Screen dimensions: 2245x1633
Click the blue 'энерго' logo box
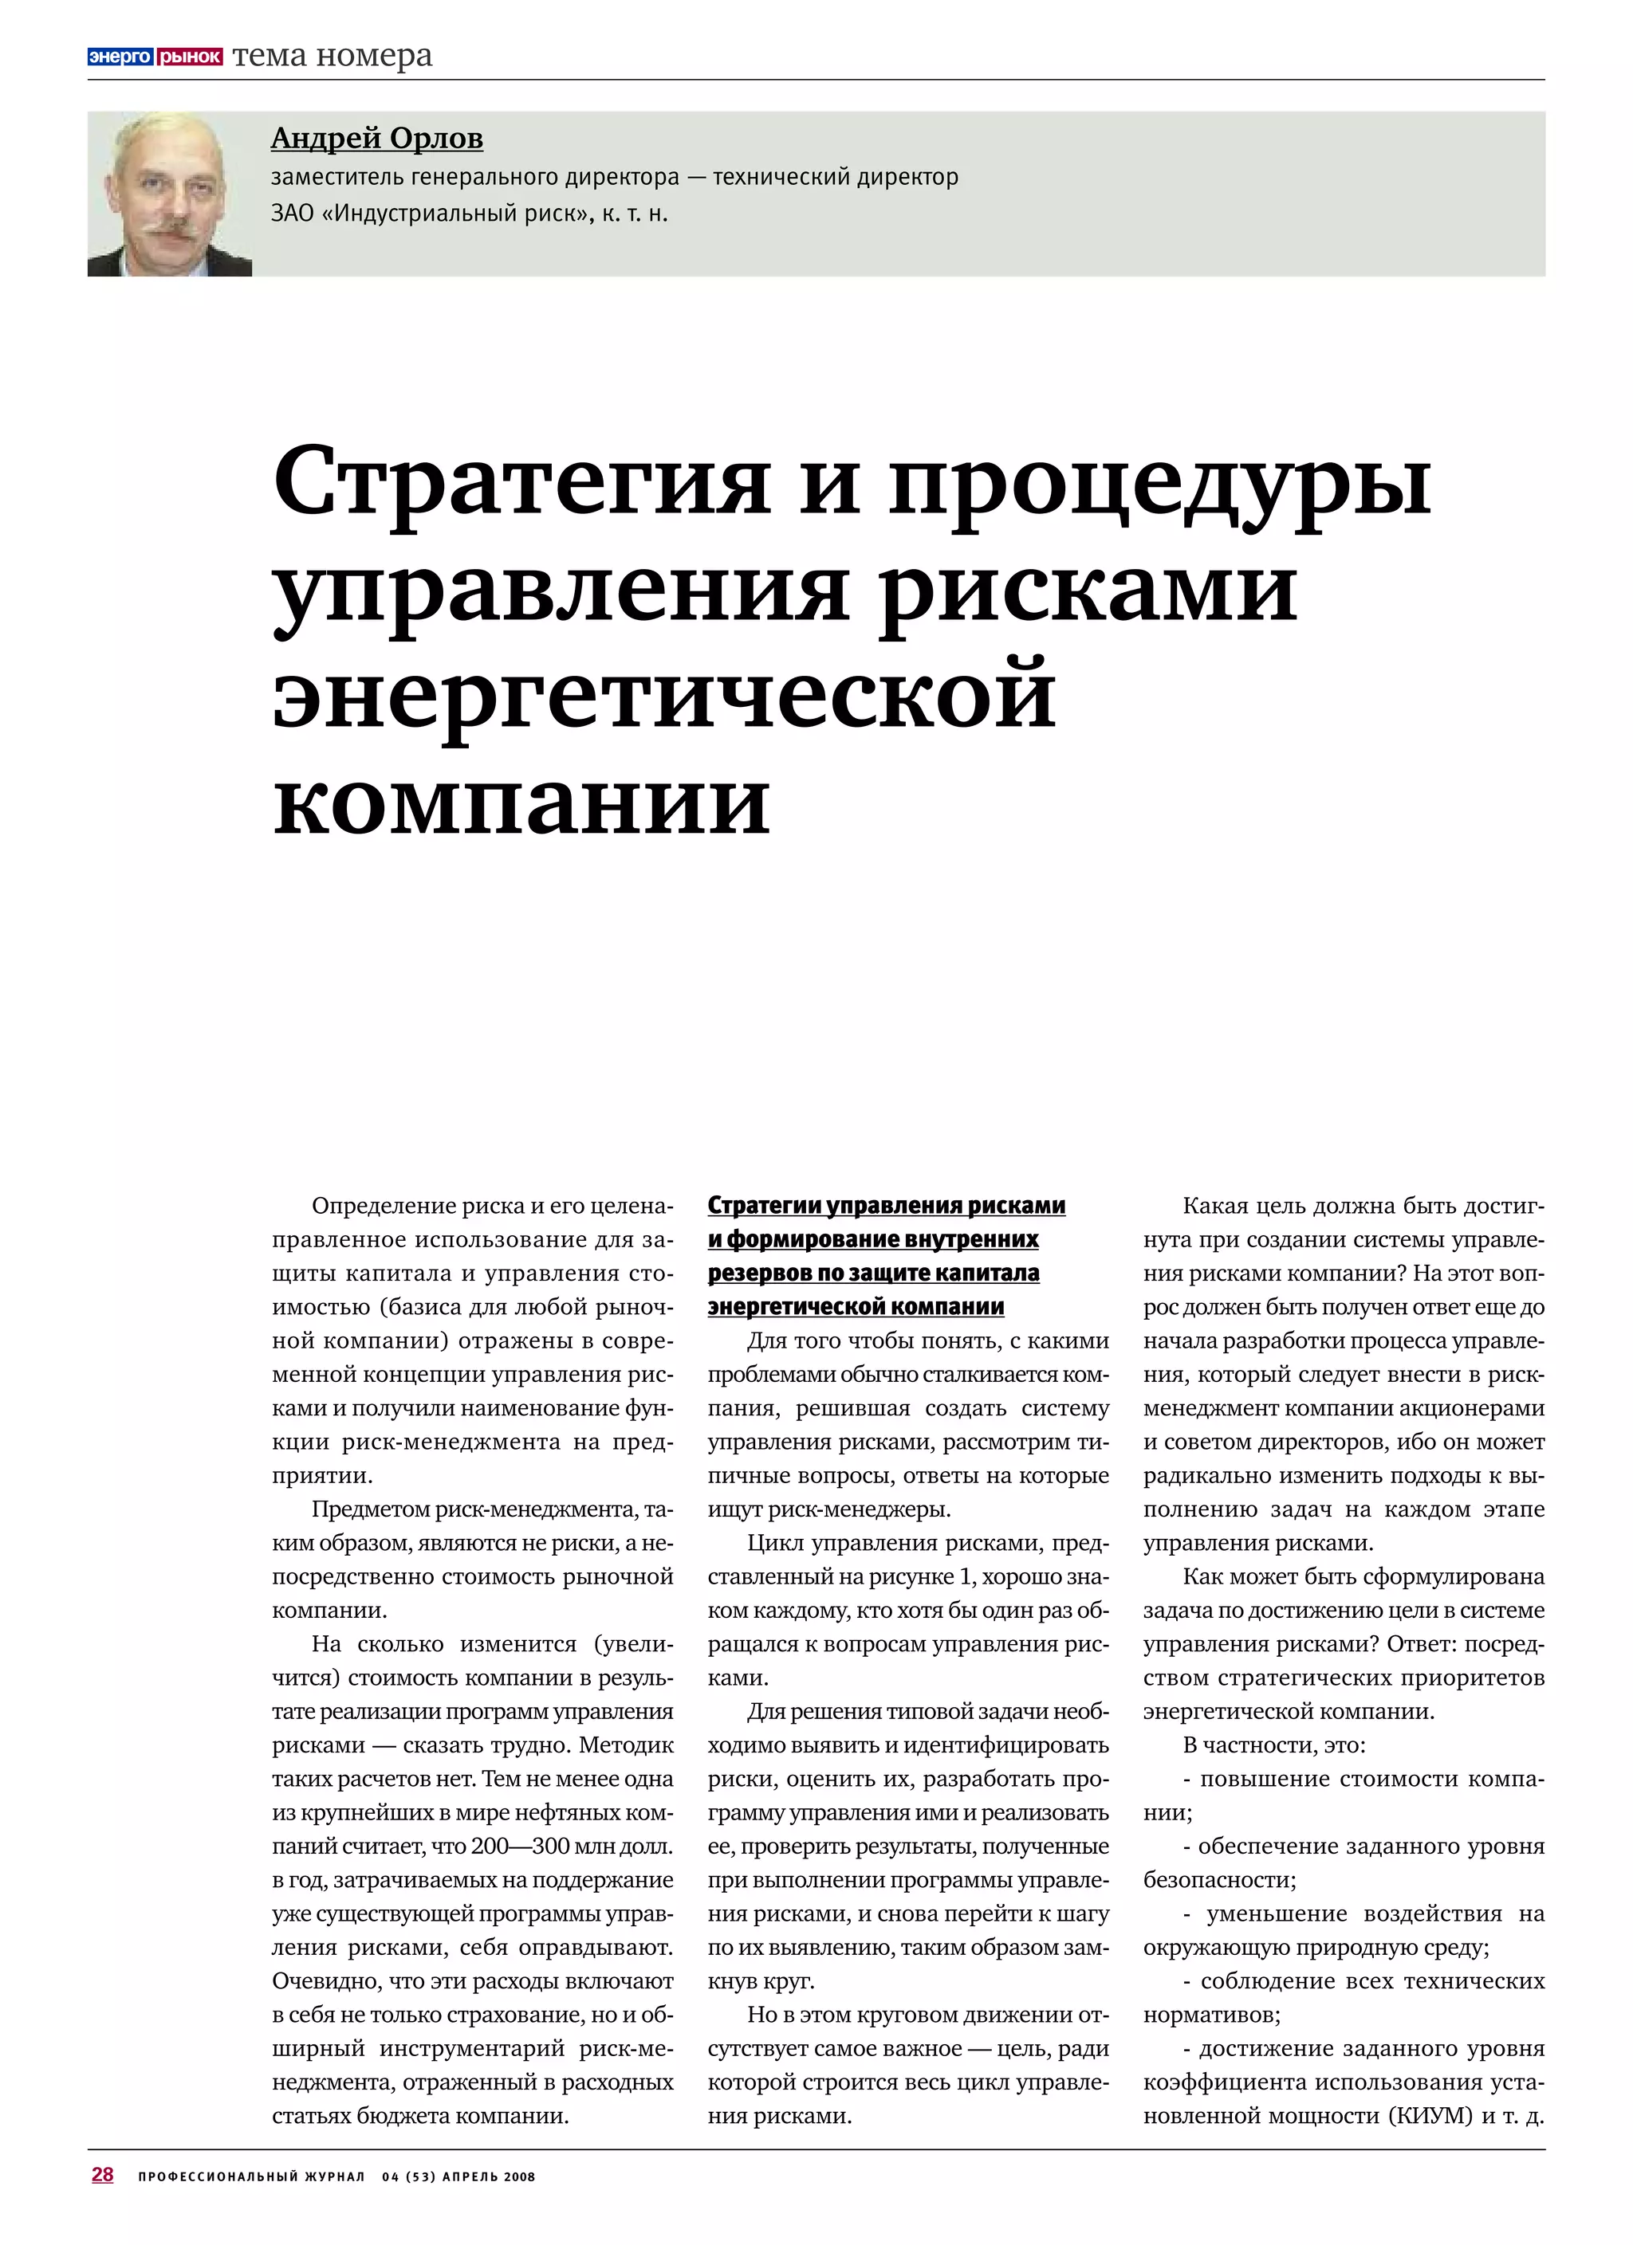tap(120, 57)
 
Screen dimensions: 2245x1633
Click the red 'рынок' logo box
tap(189, 57)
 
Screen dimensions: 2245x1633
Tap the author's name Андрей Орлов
tap(376, 139)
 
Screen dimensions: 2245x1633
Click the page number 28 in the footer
tap(102, 2174)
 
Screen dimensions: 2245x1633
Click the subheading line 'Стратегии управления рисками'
tap(887, 1206)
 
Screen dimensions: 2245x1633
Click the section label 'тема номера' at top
tap(333, 57)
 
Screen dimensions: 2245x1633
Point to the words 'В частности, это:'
tap(1273, 1745)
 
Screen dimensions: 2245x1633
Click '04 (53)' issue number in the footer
tap(409, 2176)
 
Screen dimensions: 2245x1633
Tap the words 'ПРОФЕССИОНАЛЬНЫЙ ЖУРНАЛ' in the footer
tap(251, 2176)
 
